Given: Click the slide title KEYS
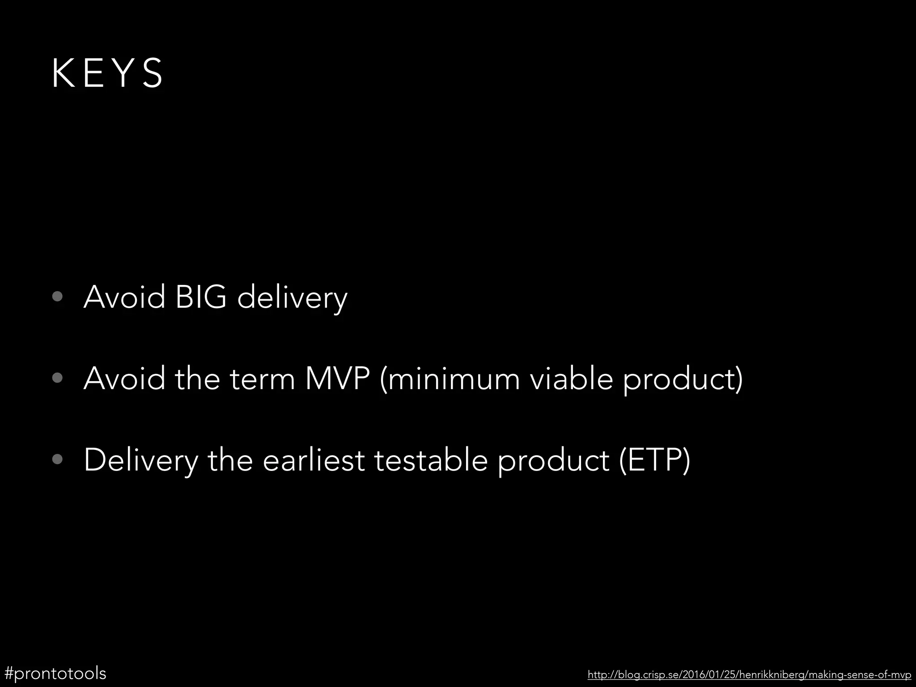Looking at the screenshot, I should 107,73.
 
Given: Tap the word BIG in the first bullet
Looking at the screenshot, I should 201,297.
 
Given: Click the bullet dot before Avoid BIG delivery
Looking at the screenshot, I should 57,297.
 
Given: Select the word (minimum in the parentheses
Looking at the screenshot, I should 449,378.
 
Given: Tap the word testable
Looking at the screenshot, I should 431,460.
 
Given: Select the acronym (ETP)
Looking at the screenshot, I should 655,460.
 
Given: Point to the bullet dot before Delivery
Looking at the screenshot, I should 57,460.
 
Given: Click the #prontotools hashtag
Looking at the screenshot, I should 55,673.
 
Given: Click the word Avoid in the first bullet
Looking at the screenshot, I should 124,297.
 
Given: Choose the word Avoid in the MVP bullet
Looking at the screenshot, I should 124,378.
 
